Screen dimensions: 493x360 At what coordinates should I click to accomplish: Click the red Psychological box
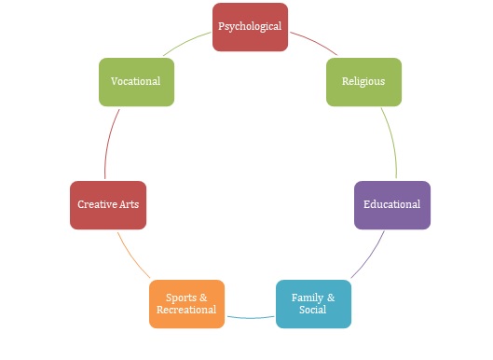point(251,27)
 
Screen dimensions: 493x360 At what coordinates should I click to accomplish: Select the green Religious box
point(363,82)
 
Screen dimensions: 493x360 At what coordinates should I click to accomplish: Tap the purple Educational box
point(392,205)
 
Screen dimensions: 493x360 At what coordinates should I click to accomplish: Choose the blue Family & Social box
point(313,304)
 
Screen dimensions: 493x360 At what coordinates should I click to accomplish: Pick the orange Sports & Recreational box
point(186,304)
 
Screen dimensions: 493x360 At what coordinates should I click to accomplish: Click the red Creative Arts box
point(108,205)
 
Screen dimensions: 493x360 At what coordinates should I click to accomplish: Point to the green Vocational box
point(136,82)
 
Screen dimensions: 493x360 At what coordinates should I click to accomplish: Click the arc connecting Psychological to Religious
point(315,42)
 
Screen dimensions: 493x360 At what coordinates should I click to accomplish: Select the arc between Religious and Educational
point(392,142)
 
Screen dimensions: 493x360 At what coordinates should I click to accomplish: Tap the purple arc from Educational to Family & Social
point(370,256)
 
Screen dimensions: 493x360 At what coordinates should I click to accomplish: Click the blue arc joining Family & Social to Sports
point(251,318)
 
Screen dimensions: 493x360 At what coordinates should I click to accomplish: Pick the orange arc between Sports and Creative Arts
point(132,256)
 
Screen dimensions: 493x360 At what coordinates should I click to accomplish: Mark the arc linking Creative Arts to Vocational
point(109,144)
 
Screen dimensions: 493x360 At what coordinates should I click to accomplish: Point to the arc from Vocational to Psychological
point(185,43)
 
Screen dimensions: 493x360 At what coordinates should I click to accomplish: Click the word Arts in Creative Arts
point(130,204)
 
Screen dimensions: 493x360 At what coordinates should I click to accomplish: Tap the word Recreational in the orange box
point(186,310)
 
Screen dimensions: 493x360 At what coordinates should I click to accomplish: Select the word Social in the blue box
point(312,310)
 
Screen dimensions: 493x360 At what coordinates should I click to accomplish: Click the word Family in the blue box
point(308,298)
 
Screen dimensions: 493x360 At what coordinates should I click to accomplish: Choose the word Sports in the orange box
point(181,298)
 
